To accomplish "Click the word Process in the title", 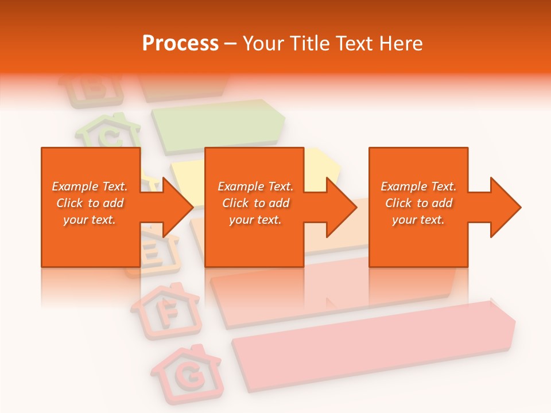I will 180,44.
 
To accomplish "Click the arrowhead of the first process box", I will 176,207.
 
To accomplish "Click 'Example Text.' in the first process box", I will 90,186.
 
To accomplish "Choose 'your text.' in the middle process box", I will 255,220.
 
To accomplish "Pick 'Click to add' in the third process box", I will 418,203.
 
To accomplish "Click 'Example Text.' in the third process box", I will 418,186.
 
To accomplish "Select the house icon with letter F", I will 166,310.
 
